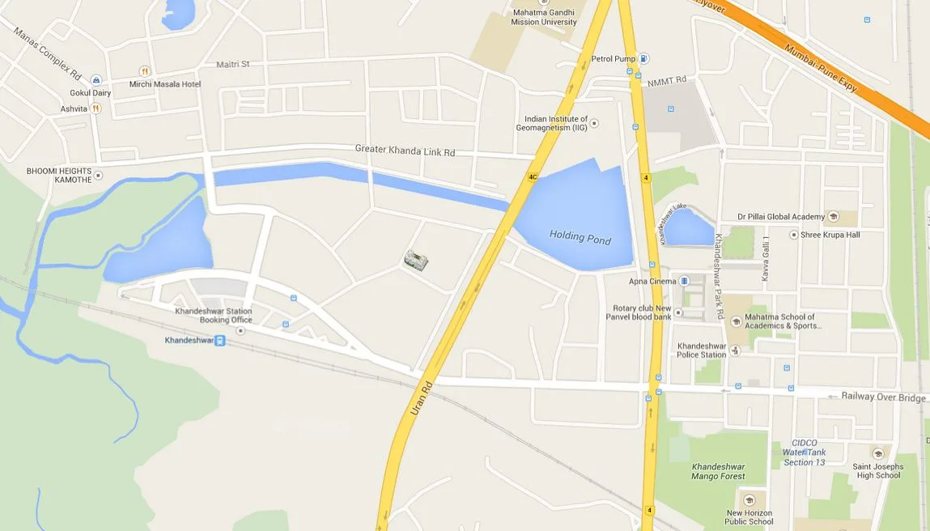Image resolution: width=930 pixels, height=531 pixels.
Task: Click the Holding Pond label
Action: (580, 238)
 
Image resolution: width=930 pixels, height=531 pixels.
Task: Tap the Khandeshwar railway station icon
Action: (220, 341)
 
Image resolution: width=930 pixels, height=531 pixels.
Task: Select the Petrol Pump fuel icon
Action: (643, 58)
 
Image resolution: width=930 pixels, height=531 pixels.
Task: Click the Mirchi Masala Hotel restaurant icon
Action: (145, 72)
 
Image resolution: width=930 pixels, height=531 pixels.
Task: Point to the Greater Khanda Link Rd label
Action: (405, 151)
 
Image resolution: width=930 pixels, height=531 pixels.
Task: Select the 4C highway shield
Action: (533, 176)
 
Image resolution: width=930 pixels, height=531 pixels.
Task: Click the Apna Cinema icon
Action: (685, 282)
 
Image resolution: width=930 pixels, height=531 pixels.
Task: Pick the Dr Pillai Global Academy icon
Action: (833, 217)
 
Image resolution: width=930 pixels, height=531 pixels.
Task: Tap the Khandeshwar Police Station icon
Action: (735, 350)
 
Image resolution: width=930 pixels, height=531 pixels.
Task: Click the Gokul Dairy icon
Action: (96, 80)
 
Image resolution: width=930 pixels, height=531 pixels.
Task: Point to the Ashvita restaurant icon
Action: (96, 108)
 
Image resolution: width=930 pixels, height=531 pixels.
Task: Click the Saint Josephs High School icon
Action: (878, 454)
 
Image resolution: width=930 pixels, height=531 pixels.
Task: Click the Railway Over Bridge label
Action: (883, 397)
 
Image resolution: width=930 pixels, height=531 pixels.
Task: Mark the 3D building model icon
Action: (416, 260)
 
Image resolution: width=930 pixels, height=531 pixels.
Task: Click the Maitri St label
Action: (233, 64)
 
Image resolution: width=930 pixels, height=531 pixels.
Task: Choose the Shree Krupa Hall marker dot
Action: (793, 235)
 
